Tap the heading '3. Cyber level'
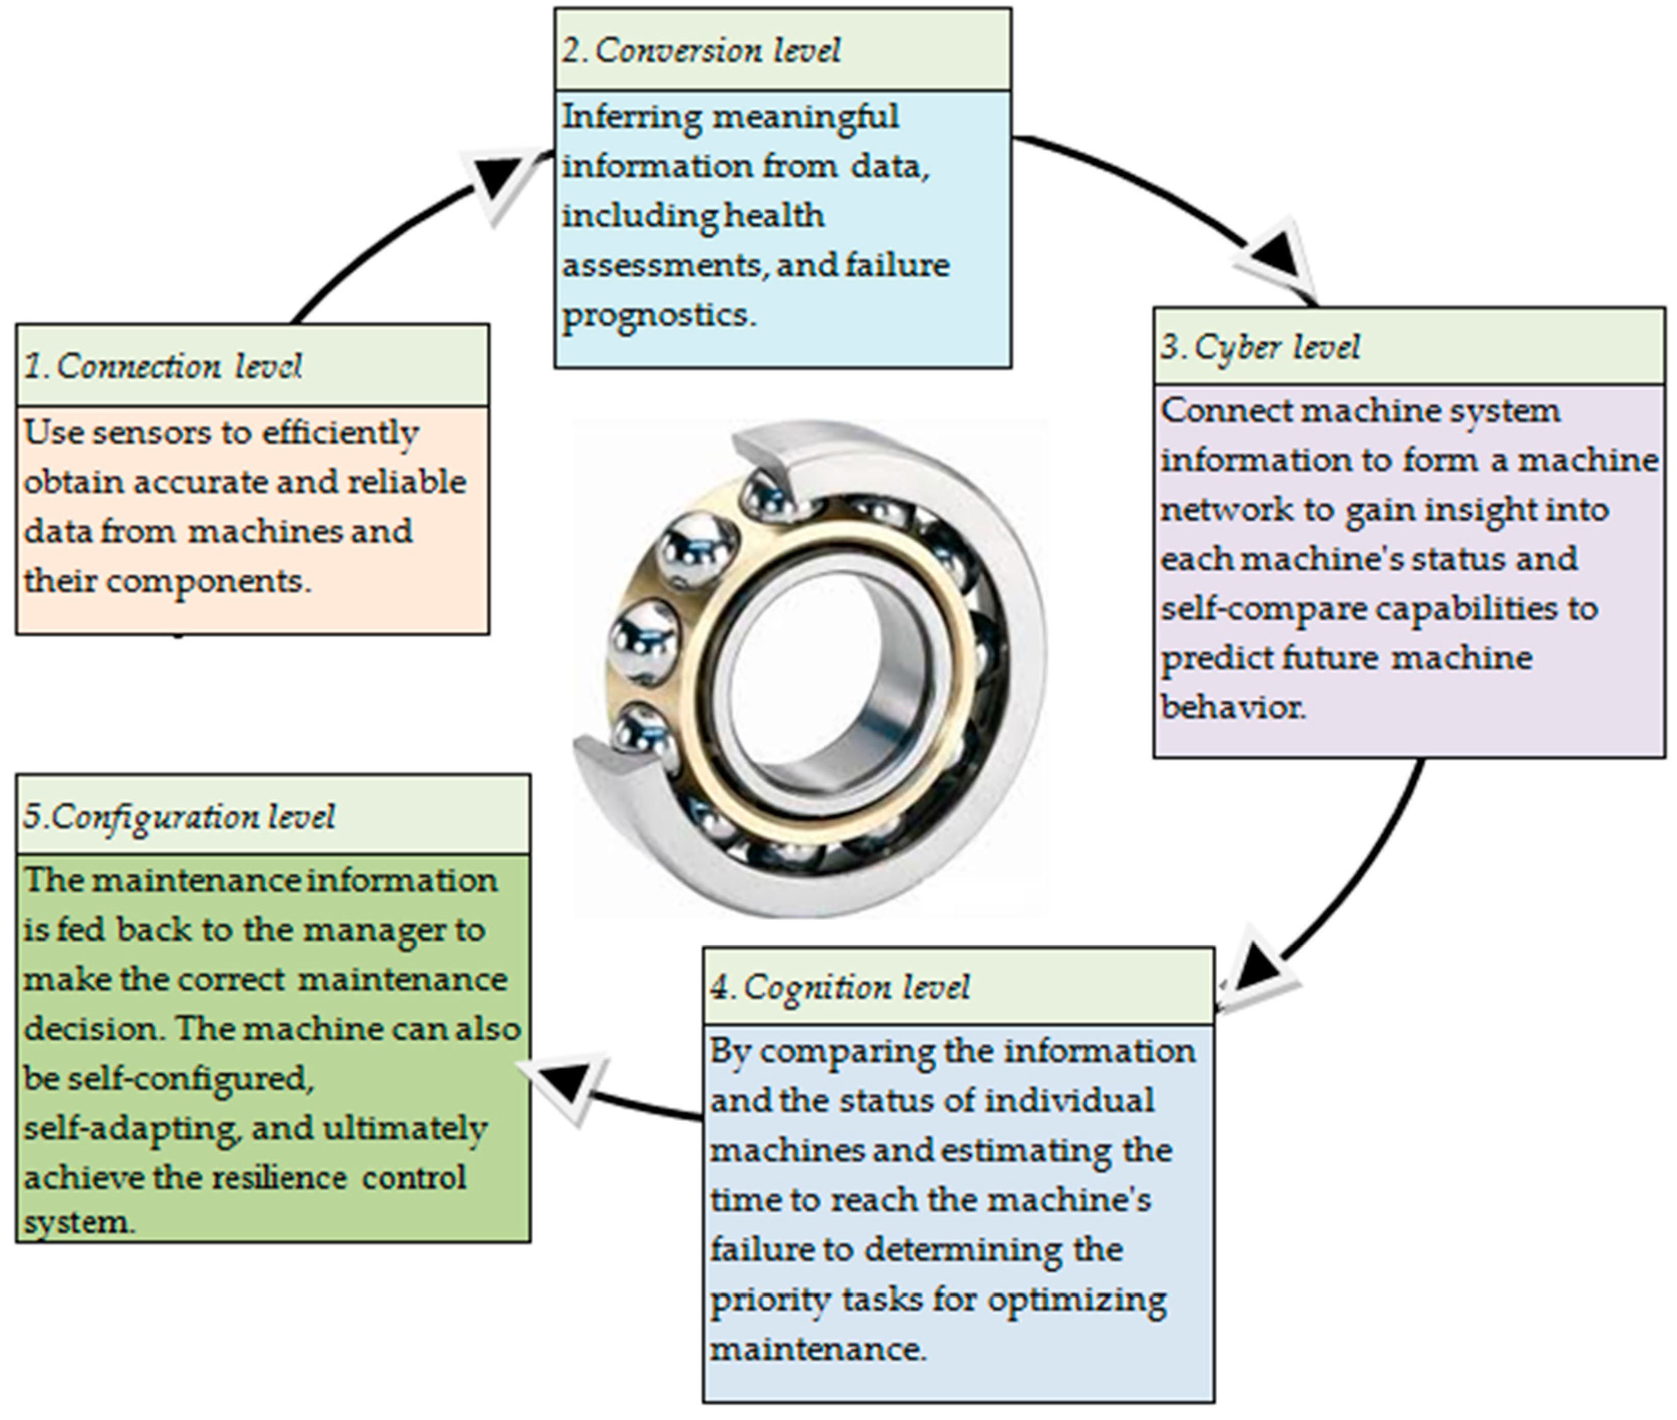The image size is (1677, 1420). (1260, 347)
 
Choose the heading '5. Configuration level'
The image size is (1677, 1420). (179, 816)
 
